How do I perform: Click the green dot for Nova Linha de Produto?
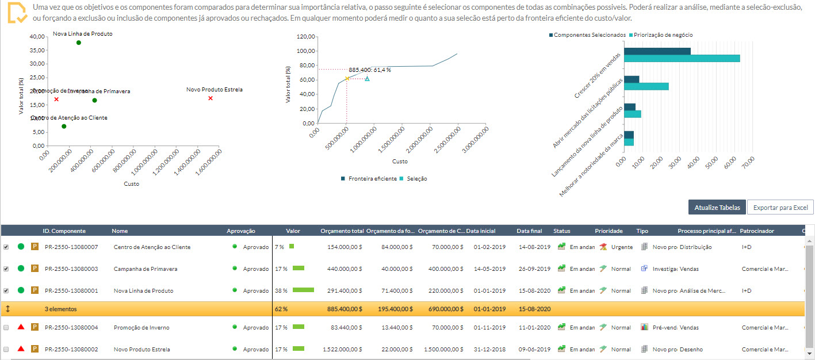[x=79, y=43]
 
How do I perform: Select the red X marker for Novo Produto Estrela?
[x=211, y=98]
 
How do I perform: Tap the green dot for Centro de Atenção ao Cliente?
[x=64, y=126]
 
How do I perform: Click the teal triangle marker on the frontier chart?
[x=367, y=78]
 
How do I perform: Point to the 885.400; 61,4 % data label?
[x=369, y=70]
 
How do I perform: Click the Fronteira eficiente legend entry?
[x=372, y=179]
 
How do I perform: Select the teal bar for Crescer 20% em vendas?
[x=682, y=59]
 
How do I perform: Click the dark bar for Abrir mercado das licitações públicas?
[x=632, y=79]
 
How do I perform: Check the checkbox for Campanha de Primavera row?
[x=6, y=269]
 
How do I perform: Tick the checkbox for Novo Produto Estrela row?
[x=6, y=349]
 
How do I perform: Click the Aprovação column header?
[x=240, y=231]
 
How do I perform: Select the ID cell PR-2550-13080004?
[x=71, y=327]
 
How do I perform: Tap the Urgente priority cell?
[x=621, y=247]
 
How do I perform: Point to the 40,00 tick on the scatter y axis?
[x=37, y=36]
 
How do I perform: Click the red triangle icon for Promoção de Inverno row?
[x=21, y=327]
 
